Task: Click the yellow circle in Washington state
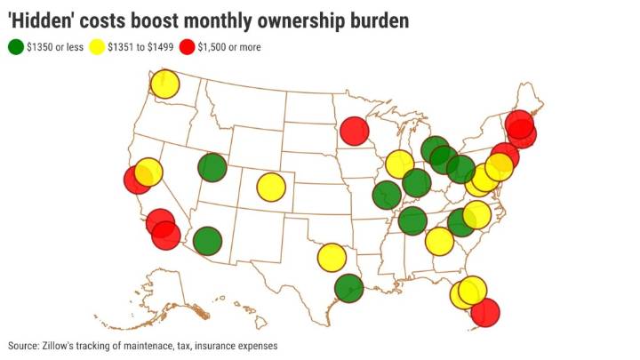[164, 84]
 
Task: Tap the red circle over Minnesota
[354, 131]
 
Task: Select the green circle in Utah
[212, 166]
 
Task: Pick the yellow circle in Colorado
[270, 187]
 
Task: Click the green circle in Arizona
[206, 240]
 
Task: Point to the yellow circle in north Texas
[331, 258]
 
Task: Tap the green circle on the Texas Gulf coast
[349, 288]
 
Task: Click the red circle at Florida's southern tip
[484, 312]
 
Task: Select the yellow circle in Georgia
[438, 240]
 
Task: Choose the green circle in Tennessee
[412, 221]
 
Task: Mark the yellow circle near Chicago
[399, 164]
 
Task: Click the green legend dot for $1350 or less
[15, 47]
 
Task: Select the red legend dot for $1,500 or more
[191, 47]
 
